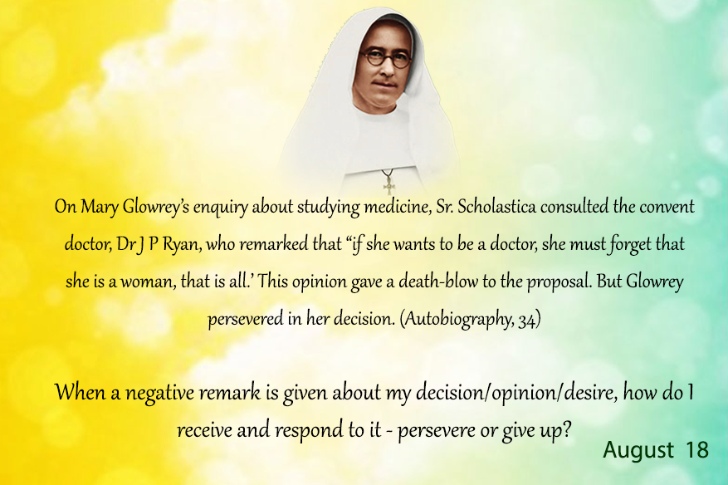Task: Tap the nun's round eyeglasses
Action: tap(386, 58)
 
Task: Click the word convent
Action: tap(667, 207)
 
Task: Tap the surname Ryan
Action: tap(182, 244)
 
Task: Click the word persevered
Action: tap(245, 320)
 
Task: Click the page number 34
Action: tap(527, 320)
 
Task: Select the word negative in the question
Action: tap(159, 394)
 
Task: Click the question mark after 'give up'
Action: tap(566, 429)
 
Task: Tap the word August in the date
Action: tap(638, 450)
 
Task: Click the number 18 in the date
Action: tap(697, 449)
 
